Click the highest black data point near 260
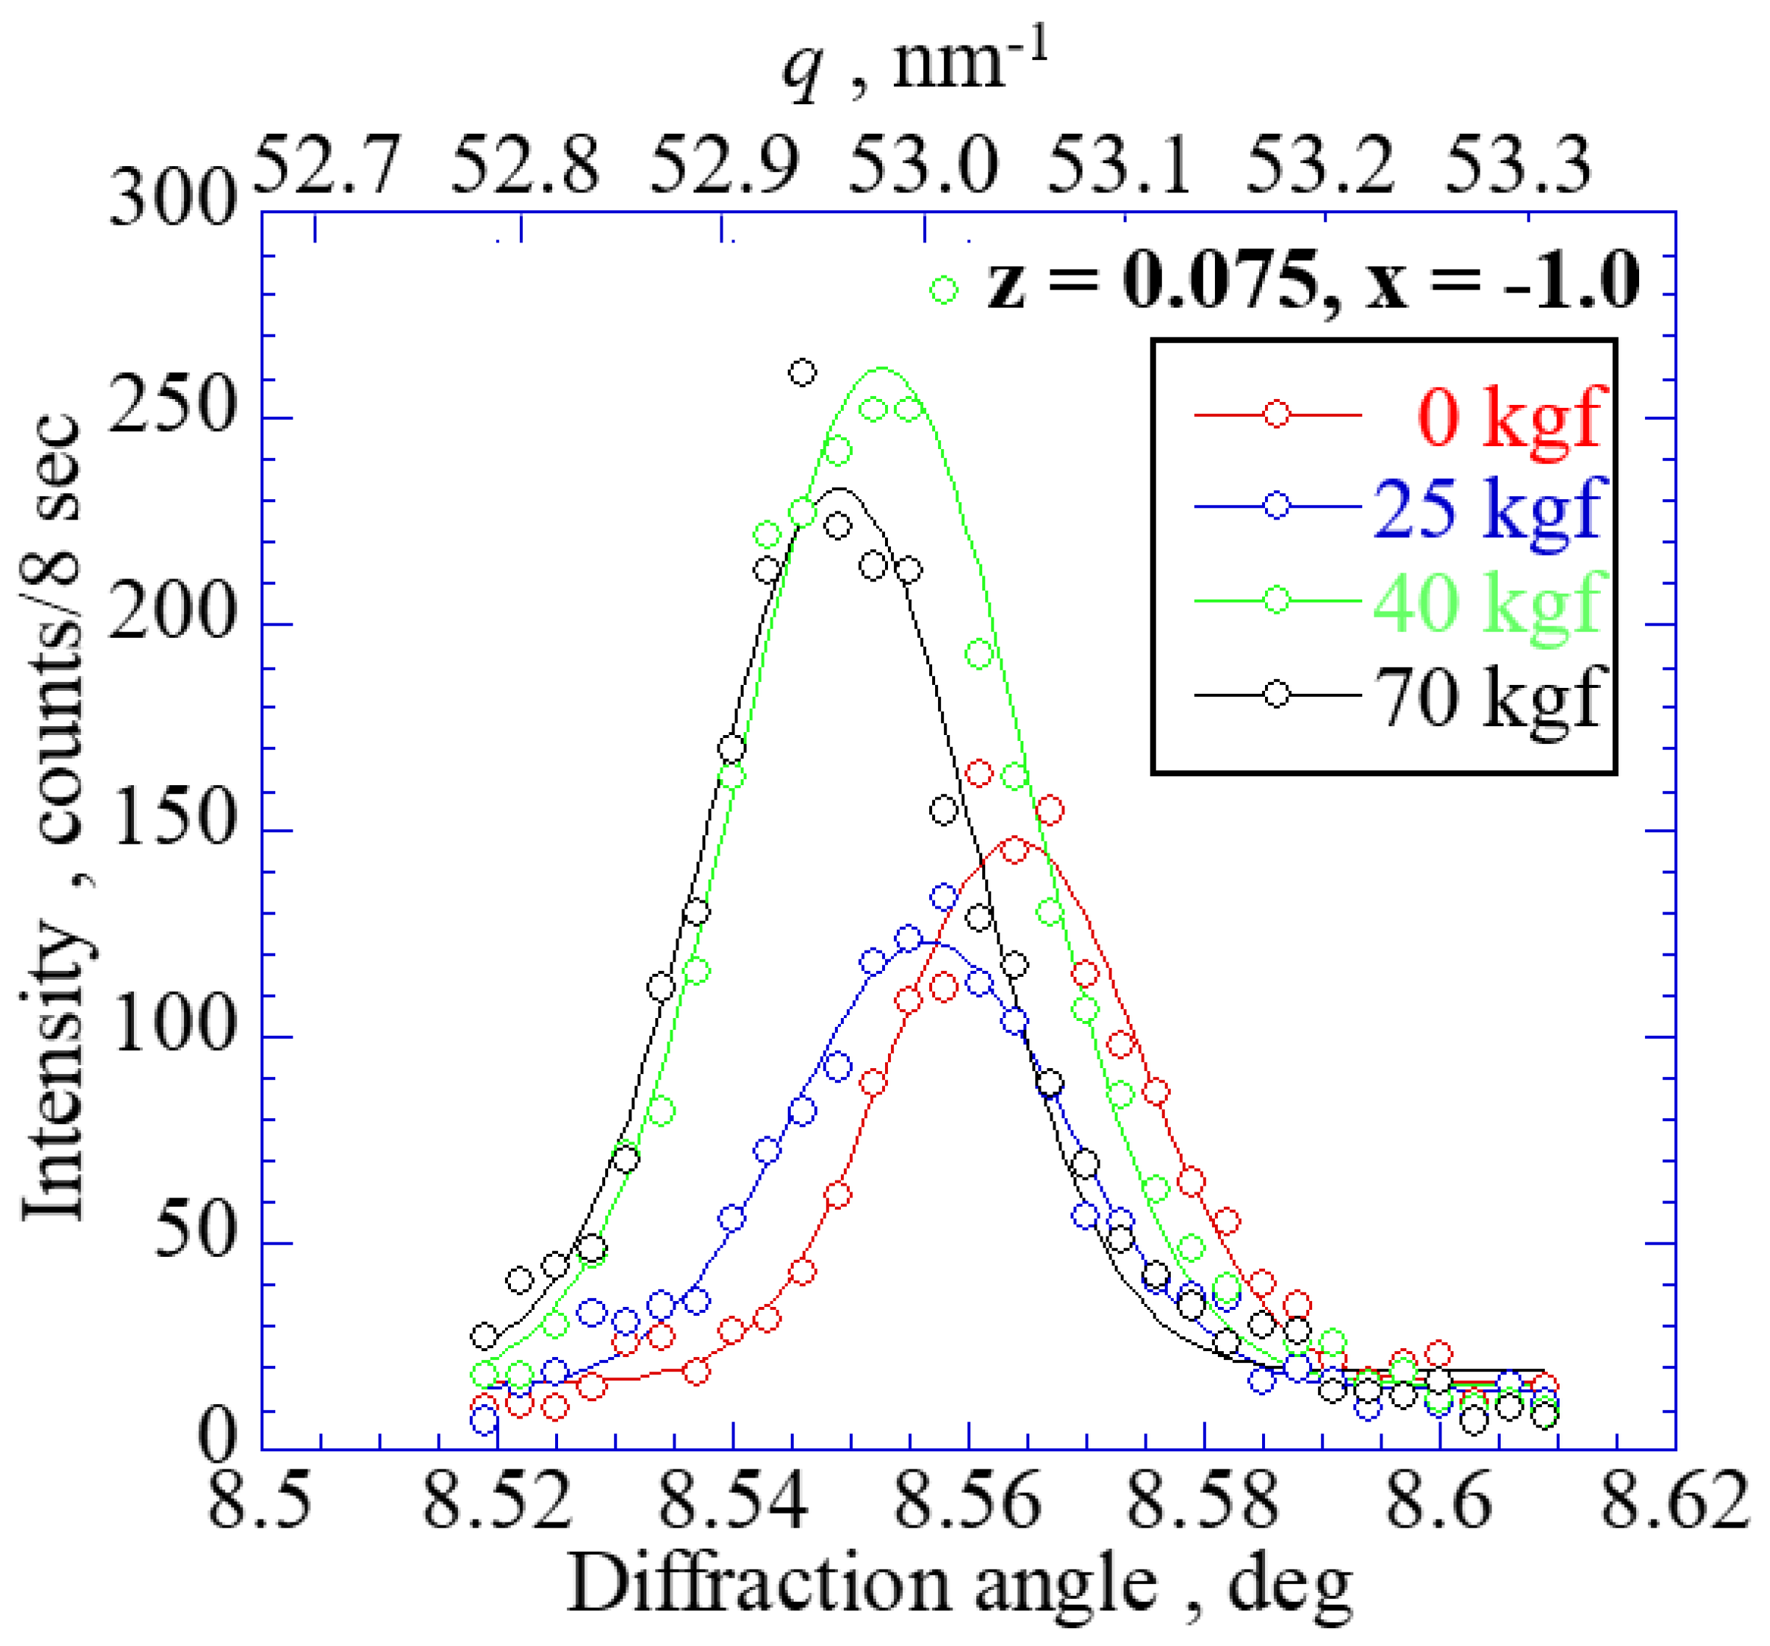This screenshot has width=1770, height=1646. pyautogui.click(x=802, y=372)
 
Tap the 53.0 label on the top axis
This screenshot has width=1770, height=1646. pyautogui.click(x=922, y=165)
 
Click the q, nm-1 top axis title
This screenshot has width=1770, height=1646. pyautogui.click(x=917, y=67)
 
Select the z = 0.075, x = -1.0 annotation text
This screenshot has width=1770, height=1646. pyautogui.click(x=1312, y=281)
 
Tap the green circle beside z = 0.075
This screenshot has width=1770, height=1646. pyautogui.click(x=944, y=290)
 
